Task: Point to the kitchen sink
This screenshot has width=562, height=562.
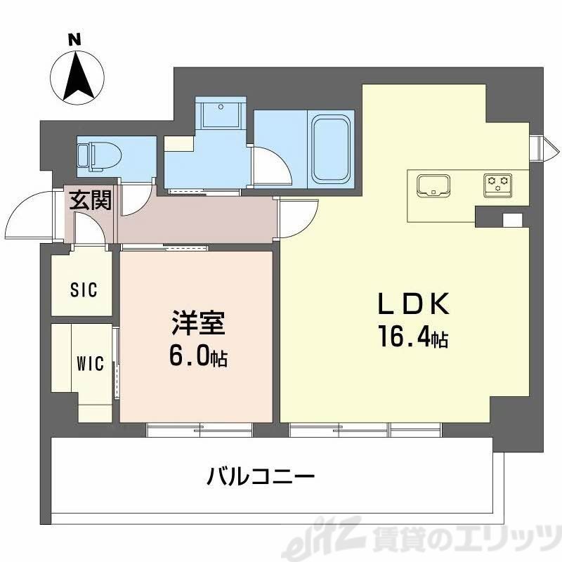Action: (x=433, y=185)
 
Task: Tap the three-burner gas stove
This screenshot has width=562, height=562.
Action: (x=497, y=184)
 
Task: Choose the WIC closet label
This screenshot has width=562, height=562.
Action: (x=90, y=363)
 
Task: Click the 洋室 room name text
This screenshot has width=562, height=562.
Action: (x=197, y=327)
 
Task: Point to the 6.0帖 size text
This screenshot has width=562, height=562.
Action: (x=198, y=358)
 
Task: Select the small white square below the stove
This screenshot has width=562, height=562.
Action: (x=513, y=220)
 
